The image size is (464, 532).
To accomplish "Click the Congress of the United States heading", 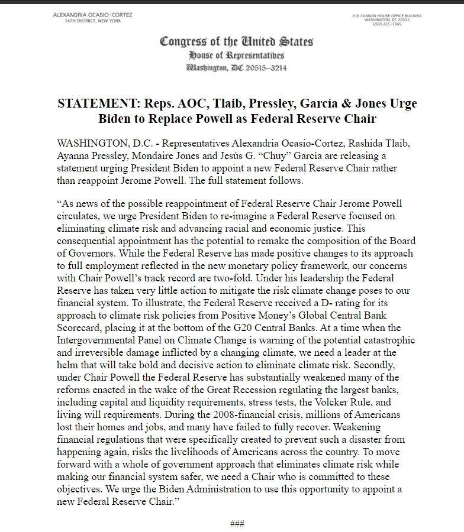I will tap(237, 42).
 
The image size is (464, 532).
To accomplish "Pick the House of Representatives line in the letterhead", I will tap(237, 55).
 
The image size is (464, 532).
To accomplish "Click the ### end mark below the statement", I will tap(237, 524).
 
